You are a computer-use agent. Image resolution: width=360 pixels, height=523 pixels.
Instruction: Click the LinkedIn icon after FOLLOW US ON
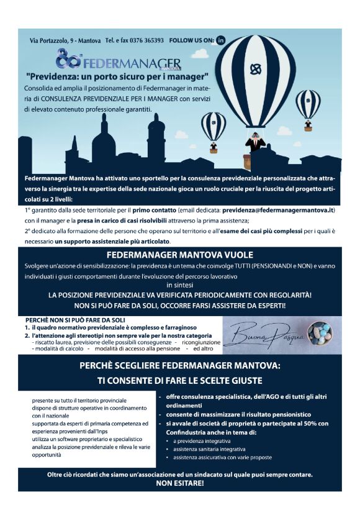pyautogui.click(x=220, y=40)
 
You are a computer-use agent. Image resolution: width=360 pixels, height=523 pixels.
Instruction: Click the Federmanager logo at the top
pyautogui.click(x=118, y=62)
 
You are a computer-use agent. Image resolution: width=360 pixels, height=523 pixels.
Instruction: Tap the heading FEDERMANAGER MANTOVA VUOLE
pyautogui.click(x=180, y=255)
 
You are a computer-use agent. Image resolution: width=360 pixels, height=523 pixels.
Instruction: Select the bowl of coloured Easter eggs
pyautogui.click(x=320, y=334)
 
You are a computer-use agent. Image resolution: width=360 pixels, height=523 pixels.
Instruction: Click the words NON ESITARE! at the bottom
pyautogui.click(x=180, y=483)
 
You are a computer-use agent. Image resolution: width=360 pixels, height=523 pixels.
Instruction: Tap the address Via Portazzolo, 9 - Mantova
pyautogui.click(x=65, y=40)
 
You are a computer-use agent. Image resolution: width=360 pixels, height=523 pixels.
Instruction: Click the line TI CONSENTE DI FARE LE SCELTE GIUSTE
pyautogui.click(x=180, y=380)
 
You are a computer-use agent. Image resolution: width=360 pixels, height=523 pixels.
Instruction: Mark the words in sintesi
pyautogui.click(x=181, y=284)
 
